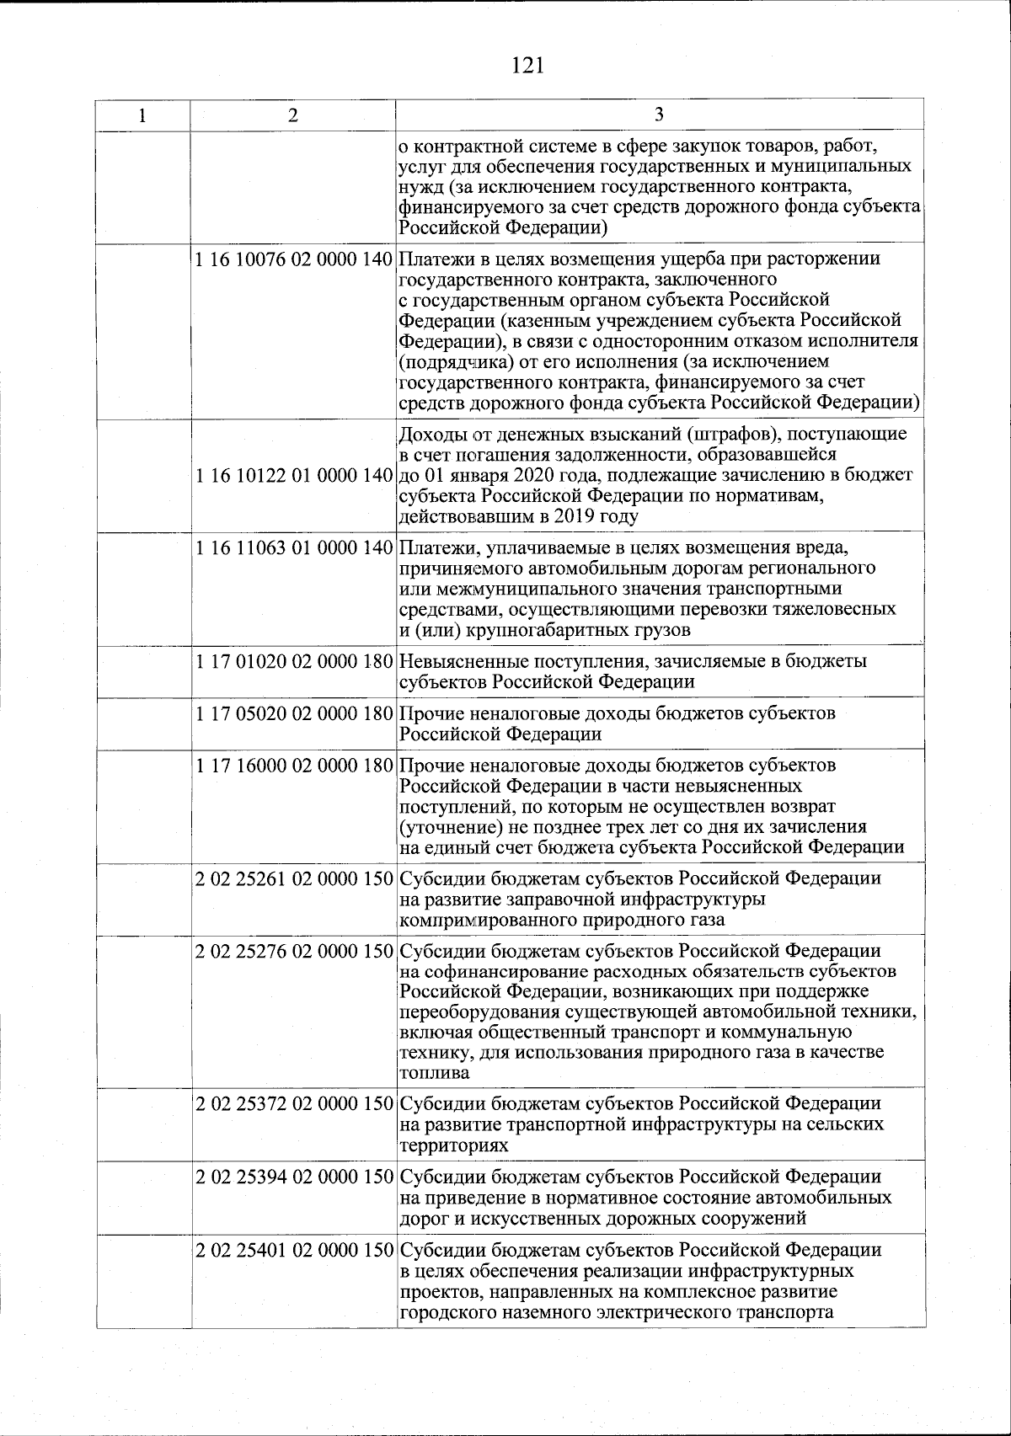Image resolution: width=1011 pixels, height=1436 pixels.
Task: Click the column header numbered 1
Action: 142,116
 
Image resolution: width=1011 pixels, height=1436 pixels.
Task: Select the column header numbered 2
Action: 292,116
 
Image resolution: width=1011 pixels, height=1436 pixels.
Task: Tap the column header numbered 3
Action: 659,116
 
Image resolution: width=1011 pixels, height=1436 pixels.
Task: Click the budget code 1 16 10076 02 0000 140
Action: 294,259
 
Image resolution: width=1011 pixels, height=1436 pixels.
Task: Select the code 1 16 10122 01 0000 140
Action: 294,476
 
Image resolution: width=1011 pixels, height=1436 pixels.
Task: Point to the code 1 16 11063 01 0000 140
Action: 294,548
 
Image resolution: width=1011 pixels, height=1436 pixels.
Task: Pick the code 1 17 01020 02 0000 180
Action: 294,662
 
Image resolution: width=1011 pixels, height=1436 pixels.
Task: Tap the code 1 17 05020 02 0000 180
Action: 294,713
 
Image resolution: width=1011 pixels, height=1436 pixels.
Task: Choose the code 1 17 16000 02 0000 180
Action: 294,766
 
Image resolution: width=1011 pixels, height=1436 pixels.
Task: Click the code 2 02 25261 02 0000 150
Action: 294,879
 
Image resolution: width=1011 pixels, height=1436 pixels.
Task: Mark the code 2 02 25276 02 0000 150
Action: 294,952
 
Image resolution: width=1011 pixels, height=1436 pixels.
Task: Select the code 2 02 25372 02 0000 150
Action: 294,1103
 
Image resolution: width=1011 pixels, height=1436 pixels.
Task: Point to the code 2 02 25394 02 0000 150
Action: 294,1177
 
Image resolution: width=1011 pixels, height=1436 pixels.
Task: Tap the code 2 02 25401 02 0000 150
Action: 294,1249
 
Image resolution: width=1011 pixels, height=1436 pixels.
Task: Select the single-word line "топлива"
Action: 435,1074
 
